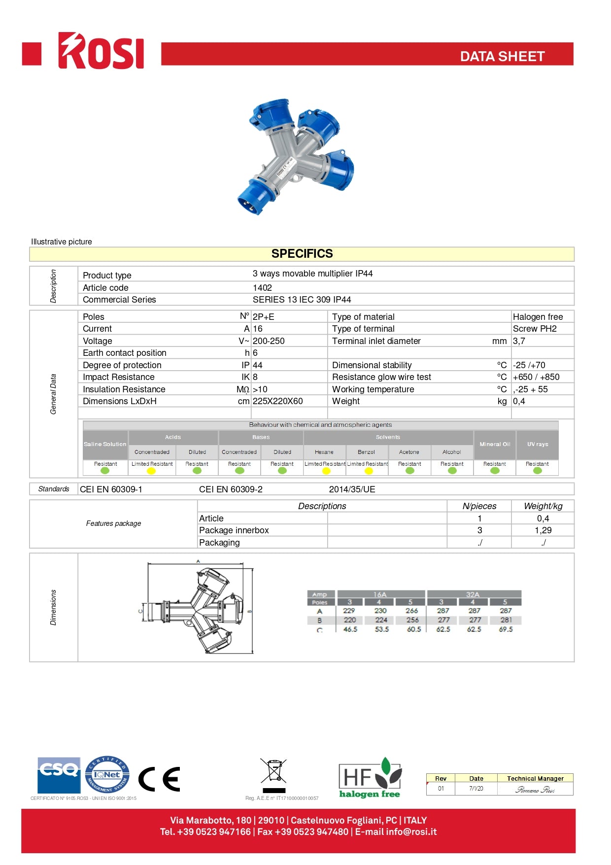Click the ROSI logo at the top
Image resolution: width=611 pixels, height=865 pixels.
(101, 51)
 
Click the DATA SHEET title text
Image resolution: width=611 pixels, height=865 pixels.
(502, 56)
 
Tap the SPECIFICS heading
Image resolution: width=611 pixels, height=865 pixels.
(302, 254)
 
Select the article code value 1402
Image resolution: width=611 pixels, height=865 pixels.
(262, 287)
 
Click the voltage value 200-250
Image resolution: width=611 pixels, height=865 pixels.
(269, 341)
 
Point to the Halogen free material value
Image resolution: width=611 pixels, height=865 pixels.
(538, 316)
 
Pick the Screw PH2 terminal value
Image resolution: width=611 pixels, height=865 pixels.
(535, 329)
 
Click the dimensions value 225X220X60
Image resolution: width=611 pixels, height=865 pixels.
(277, 401)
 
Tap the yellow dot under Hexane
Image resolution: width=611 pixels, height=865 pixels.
(326, 471)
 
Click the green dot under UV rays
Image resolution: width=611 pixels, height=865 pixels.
(537, 471)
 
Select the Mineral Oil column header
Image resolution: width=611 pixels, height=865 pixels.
(495, 444)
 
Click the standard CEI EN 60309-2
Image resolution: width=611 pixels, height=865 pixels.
(231, 489)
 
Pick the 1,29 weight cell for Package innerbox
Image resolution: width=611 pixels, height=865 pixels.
(543, 530)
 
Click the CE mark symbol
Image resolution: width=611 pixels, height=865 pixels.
(159, 779)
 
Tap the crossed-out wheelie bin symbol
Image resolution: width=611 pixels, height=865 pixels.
(273, 771)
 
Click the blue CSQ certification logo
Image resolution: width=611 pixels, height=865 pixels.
(59, 775)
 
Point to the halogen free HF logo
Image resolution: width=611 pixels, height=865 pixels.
(370, 778)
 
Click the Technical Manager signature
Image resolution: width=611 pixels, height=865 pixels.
(535, 790)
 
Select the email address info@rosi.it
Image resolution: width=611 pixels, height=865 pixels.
(411, 832)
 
